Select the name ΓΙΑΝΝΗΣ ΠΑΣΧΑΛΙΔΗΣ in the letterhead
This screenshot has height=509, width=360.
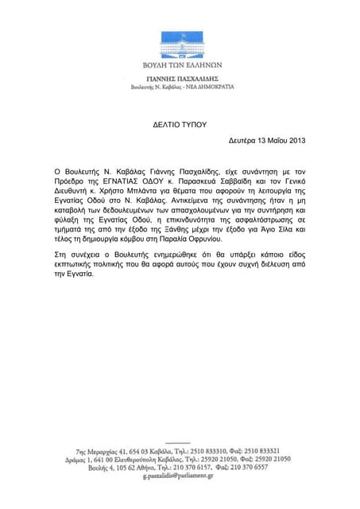click(x=179, y=80)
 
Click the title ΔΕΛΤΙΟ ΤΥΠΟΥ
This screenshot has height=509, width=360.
click(x=179, y=125)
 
